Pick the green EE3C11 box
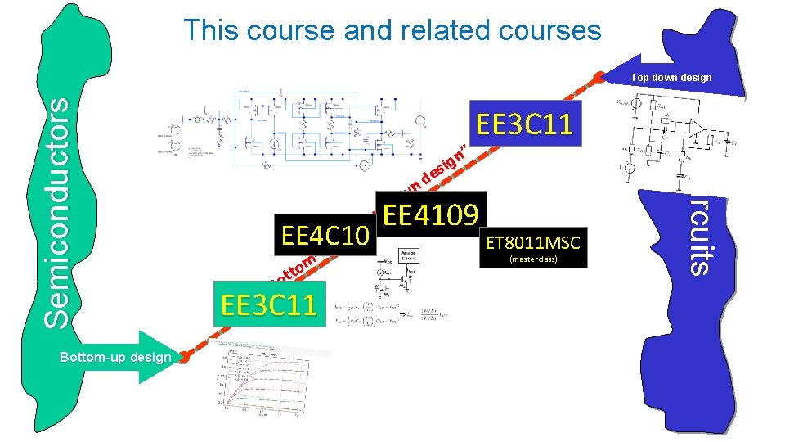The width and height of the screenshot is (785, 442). [x=267, y=304]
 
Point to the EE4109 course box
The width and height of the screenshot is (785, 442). [x=430, y=215]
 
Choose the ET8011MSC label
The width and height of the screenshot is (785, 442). [x=532, y=243]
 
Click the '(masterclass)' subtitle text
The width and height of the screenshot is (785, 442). [x=532, y=259]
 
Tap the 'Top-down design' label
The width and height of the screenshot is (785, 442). [x=671, y=78]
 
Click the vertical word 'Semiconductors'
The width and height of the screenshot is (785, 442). [x=56, y=211]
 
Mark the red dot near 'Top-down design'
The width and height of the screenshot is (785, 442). [x=599, y=77]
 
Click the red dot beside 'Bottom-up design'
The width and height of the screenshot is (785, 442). [x=185, y=357]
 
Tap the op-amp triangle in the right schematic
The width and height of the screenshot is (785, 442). [x=696, y=128]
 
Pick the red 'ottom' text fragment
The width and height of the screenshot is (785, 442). [x=295, y=269]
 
